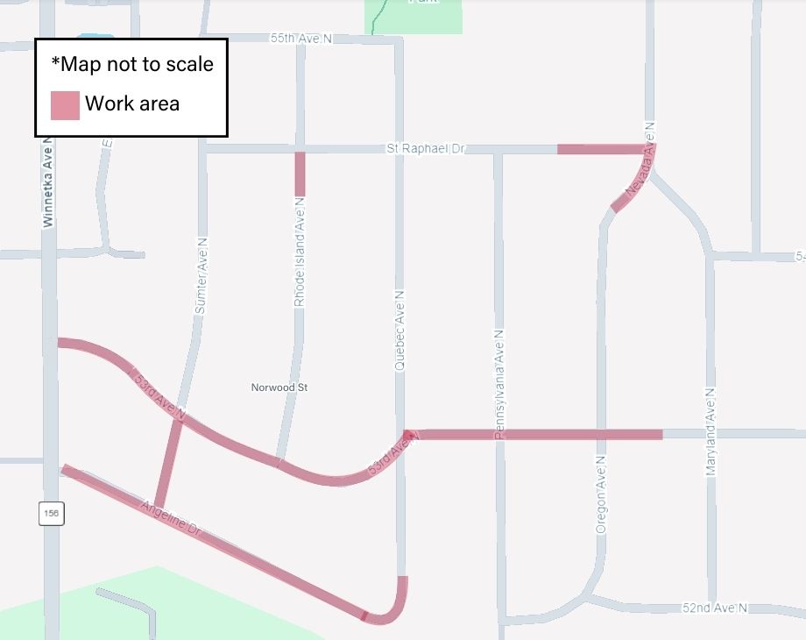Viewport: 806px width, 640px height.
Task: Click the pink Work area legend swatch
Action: tap(65, 104)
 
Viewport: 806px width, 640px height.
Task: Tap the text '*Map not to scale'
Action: tap(132, 64)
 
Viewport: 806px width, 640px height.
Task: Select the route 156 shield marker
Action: tap(51, 513)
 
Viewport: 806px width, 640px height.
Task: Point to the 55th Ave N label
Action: tap(301, 39)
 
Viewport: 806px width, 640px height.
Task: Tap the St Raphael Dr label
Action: tap(426, 149)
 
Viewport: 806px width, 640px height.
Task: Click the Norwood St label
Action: tap(279, 387)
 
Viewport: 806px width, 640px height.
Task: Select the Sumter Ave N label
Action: tap(200, 275)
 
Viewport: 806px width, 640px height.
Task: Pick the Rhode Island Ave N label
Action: tap(300, 252)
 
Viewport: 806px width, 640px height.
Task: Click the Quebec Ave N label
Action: tap(399, 332)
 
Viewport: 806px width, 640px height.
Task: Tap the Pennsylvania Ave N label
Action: tap(499, 384)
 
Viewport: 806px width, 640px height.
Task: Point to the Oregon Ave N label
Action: tap(601, 494)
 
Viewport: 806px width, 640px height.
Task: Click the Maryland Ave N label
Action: tap(711, 431)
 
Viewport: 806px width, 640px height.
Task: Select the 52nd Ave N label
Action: tap(715, 608)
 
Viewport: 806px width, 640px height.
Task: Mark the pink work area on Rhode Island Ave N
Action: tap(300, 174)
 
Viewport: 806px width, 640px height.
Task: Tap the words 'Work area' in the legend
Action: tap(132, 103)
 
